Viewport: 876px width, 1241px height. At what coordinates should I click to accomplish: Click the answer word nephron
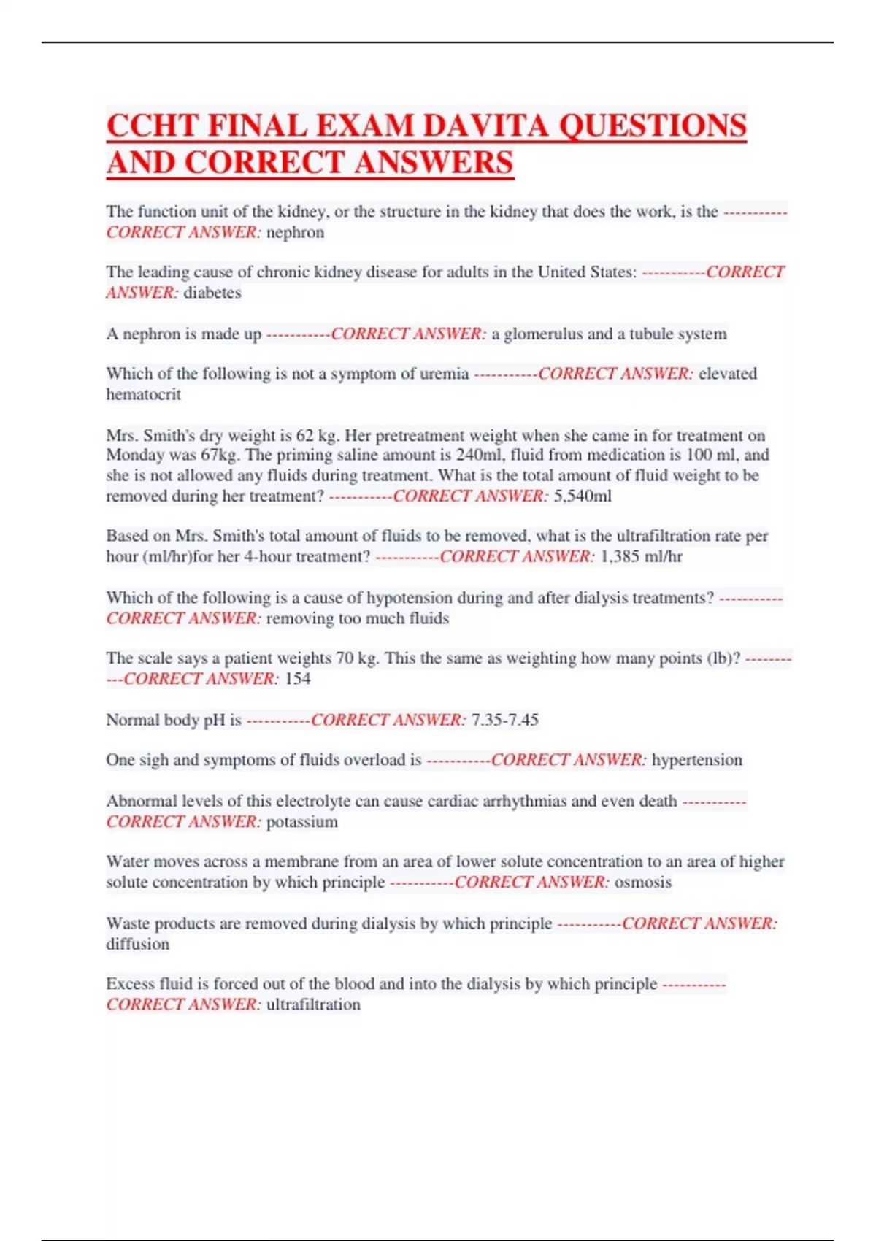[x=295, y=232]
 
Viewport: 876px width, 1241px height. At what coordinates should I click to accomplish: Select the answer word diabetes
[x=212, y=293]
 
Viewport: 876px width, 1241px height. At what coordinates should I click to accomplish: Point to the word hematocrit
[x=143, y=394]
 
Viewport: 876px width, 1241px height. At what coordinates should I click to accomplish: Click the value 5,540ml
[x=583, y=496]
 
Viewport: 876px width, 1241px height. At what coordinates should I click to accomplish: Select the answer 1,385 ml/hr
[x=641, y=556]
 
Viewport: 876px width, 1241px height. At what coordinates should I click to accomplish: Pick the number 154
[x=297, y=679]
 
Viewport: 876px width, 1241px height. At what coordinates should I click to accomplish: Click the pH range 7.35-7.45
[x=505, y=720]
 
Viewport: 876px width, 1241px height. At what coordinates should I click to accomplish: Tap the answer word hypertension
[x=696, y=760]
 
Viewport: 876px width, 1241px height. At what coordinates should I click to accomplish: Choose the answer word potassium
[x=301, y=822]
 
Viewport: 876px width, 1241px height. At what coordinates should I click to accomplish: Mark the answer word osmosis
[x=642, y=882]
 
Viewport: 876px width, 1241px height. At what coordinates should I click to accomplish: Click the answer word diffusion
[x=137, y=944]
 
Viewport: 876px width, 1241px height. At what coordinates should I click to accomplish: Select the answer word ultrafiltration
[x=313, y=1004]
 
